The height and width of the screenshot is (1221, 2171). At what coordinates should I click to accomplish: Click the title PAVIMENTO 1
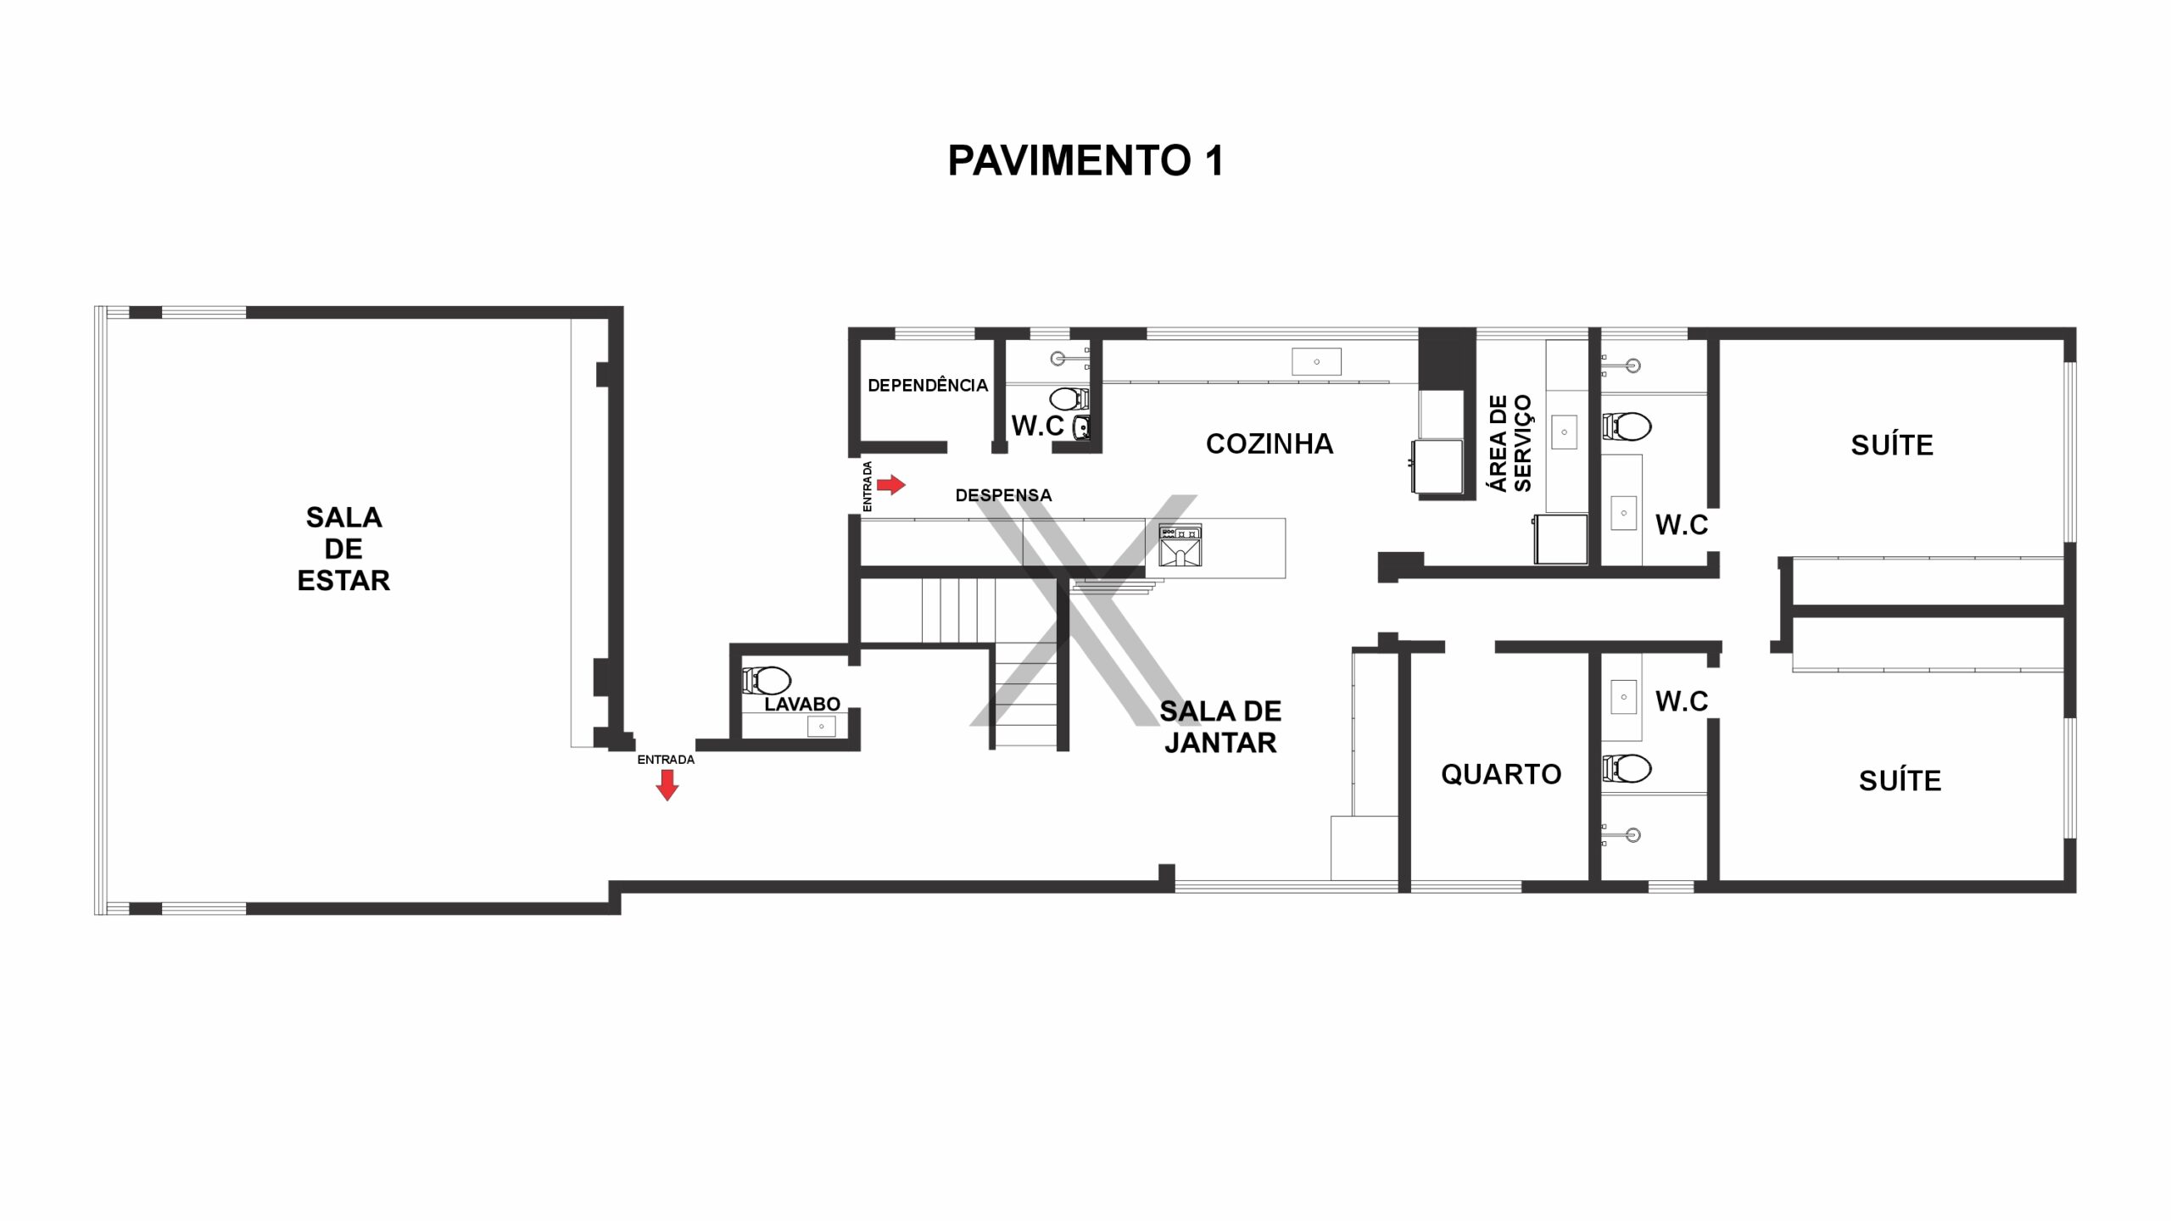click(1085, 160)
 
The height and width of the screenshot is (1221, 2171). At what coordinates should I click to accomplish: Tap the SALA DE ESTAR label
click(343, 549)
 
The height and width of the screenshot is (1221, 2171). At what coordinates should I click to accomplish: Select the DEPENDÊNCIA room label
click(928, 385)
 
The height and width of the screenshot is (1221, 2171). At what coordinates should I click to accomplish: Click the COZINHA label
click(1270, 443)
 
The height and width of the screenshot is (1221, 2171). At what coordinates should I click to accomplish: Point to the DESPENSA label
click(1003, 495)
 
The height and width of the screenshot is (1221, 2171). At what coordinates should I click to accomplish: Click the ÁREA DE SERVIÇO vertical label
click(1510, 443)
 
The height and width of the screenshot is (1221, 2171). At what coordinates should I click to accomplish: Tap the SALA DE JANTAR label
click(1220, 727)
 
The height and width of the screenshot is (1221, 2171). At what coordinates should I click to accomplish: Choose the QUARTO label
click(1501, 774)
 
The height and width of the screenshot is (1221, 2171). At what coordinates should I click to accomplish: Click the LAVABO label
click(802, 704)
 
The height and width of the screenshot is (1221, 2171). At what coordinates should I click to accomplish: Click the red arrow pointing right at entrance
click(890, 485)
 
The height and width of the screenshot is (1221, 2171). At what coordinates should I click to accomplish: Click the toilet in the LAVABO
click(767, 679)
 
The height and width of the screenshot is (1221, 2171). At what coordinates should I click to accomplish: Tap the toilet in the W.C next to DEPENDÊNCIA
click(1069, 398)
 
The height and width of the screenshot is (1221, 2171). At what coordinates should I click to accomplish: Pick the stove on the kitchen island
click(1180, 532)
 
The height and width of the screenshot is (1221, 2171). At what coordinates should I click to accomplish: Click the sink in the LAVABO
click(821, 726)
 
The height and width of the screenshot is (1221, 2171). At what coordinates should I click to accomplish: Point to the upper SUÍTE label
click(1892, 445)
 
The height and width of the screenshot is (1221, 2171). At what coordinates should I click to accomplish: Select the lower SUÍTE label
click(1900, 780)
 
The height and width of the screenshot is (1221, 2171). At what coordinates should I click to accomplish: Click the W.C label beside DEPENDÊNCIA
click(1037, 426)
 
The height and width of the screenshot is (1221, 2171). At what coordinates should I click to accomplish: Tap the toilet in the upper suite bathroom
click(1627, 426)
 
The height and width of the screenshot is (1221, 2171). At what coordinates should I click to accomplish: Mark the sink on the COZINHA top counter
click(1316, 361)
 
